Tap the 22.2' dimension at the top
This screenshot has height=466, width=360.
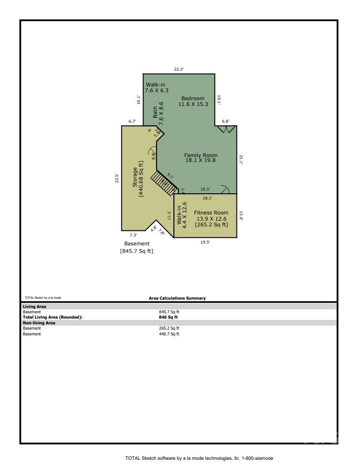pos(179,69)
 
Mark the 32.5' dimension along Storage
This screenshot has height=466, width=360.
pos(117,178)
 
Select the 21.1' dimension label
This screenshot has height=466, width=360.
pos(241,160)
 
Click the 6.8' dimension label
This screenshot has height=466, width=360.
pos(225,121)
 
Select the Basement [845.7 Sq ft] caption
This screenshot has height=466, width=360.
pos(136,247)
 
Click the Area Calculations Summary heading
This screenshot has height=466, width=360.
pos(177,298)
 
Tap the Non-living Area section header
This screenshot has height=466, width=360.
pos(40,323)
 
